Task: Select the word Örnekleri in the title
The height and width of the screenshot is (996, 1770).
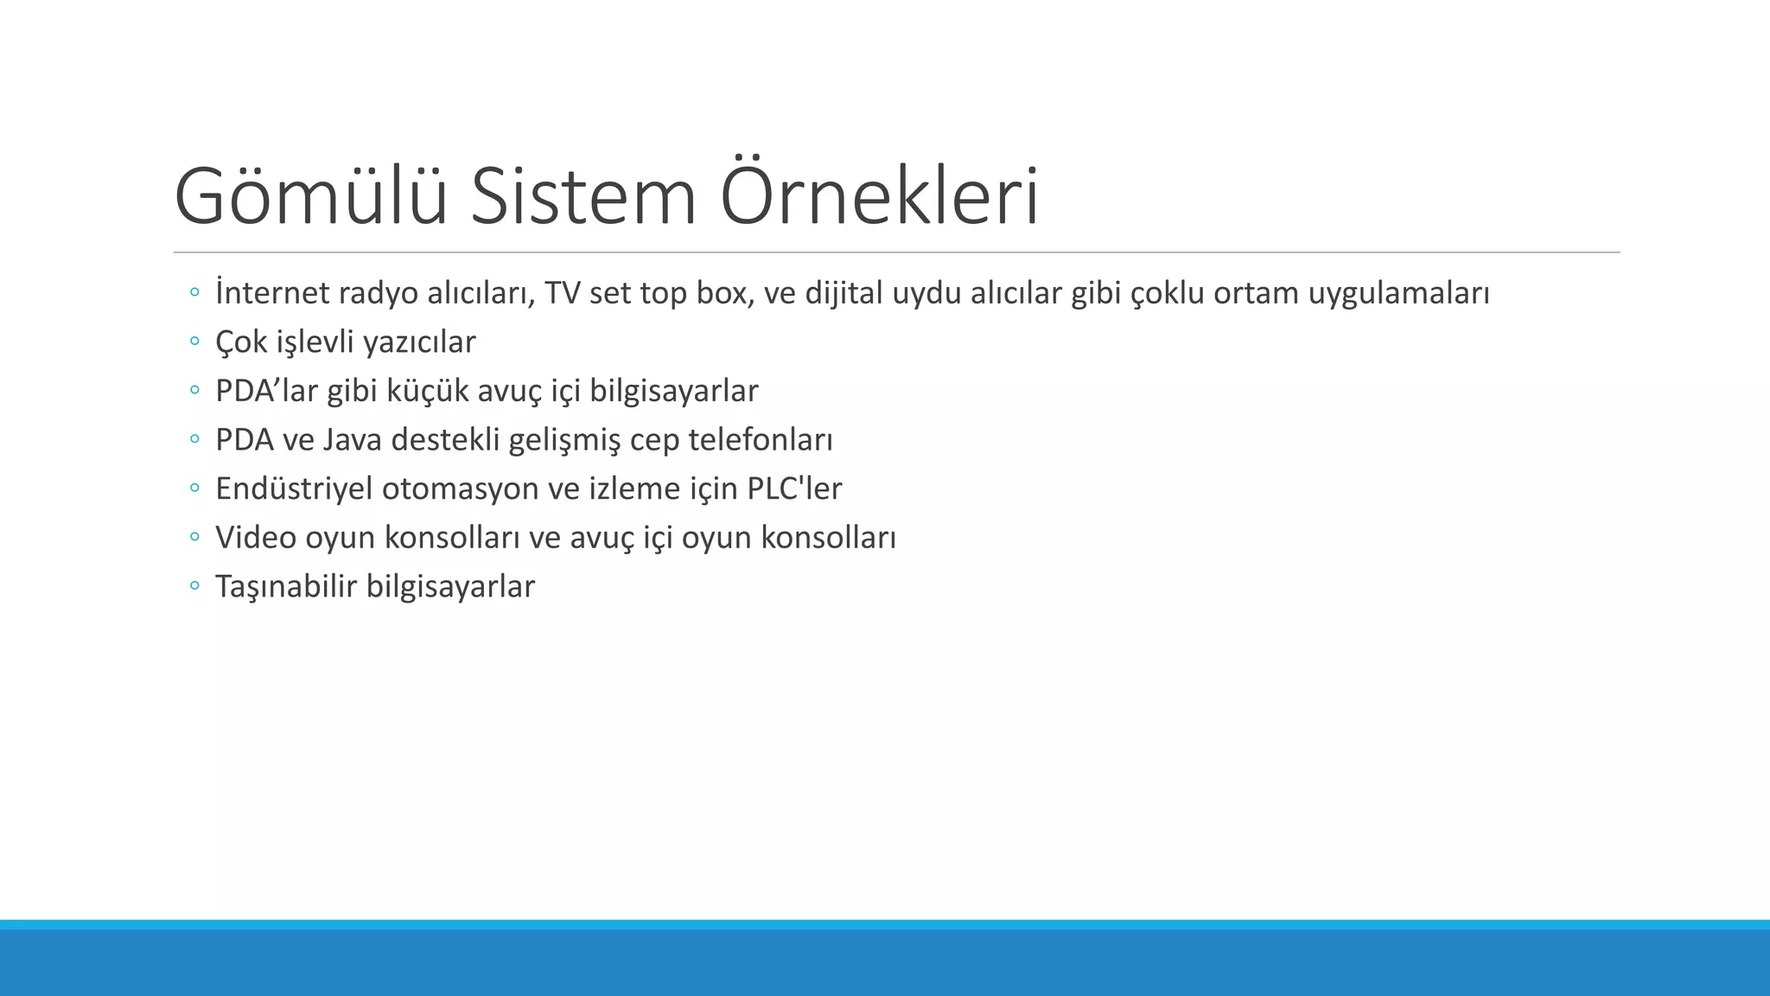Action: pyautogui.click(x=878, y=197)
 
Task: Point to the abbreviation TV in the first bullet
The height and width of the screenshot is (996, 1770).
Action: pyautogui.click(x=563, y=293)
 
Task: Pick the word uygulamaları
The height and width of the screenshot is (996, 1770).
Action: pyautogui.click(x=1398, y=295)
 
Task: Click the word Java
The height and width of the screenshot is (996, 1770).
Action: pyautogui.click(x=353, y=440)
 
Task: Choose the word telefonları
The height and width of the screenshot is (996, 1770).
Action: pyautogui.click(x=761, y=440)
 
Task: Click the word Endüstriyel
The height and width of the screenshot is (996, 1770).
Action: pyautogui.click(x=294, y=489)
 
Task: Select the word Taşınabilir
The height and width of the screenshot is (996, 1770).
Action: pyautogui.click(x=286, y=587)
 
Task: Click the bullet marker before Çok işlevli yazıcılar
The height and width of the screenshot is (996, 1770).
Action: pyautogui.click(x=194, y=342)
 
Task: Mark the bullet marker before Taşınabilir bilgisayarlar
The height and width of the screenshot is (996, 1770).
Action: pyautogui.click(x=194, y=586)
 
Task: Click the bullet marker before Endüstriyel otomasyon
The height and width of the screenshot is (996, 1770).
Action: pyautogui.click(x=194, y=488)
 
